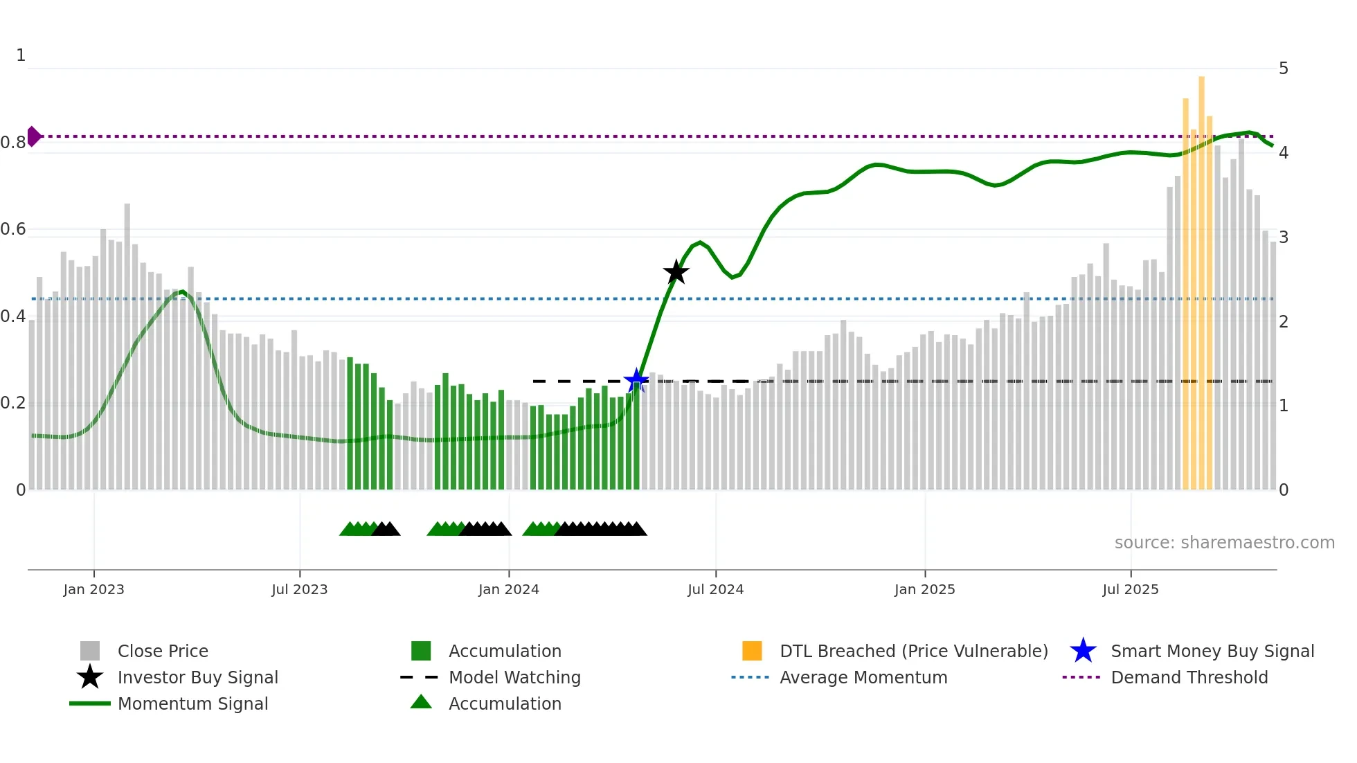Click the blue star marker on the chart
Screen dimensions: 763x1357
click(x=636, y=380)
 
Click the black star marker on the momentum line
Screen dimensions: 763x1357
click(x=676, y=272)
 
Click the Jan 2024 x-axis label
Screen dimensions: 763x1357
click(x=508, y=589)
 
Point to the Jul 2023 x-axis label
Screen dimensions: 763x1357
click(x=299, y=589)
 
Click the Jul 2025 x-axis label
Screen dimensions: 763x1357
click(x=1130, y=589)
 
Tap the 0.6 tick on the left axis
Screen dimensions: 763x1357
click(x=13, y=229)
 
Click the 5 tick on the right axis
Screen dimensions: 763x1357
click(x=1283, y=69)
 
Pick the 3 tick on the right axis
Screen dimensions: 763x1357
click(x=1283, y=237)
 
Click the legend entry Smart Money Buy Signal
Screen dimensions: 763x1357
click(x=1212, y=651)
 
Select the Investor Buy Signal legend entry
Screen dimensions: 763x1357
click(x=197, y=677)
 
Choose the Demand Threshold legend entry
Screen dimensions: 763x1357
click(x=1189, y=677)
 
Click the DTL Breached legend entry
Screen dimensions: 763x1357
click(x=913, y=651)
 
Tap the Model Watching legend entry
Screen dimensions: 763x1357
click(x=514, y=677)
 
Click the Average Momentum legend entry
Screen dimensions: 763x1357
click(x=863, y=677)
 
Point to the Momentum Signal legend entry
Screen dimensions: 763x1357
click(x=192, y=703)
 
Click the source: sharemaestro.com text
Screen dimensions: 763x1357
click(x=1224, y=543)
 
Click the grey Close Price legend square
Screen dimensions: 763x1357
click(x=90, y=651)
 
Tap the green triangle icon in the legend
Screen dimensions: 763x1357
click(x=421, y=702)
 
